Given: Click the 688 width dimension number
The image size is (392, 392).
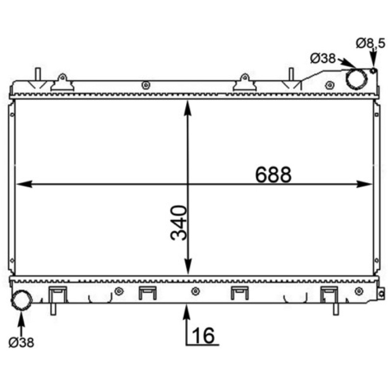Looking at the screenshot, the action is (x=273, y=174).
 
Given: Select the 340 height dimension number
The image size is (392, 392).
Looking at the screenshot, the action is (x=178, y=223).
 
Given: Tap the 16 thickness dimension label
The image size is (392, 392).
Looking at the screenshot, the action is (x=203, y=336).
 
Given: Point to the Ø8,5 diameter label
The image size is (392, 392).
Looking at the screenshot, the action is (x=370, y=44).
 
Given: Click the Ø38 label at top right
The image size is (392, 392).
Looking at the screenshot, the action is (x=323, y=58).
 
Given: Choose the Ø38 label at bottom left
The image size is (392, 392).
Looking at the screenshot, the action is (x=21, y=342).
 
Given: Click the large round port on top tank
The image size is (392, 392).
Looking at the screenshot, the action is (x=357, y=78).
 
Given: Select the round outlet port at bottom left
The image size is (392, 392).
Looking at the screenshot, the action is (x=22, y=300).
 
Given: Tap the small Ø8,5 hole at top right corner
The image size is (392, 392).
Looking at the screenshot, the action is (x=373, y=71).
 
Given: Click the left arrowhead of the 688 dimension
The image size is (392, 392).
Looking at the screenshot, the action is (x=24, y=184).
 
